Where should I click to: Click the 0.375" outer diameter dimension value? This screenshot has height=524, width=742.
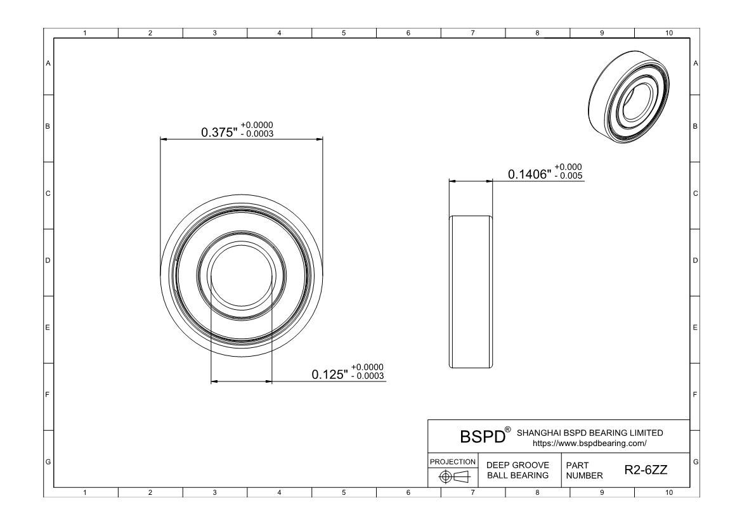[219, 132]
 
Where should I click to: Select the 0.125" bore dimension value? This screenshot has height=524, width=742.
[330, 374]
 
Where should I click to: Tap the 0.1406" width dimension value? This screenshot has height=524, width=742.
[530, 174]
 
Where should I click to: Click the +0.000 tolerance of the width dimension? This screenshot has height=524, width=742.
[568, 167]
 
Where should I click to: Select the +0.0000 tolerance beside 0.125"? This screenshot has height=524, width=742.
[368, 367]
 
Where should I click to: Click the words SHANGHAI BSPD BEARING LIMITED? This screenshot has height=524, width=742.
[590, 433]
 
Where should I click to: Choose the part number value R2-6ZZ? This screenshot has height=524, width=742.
[641, 471]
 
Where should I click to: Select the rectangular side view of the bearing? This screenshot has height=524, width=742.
[471, 291]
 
